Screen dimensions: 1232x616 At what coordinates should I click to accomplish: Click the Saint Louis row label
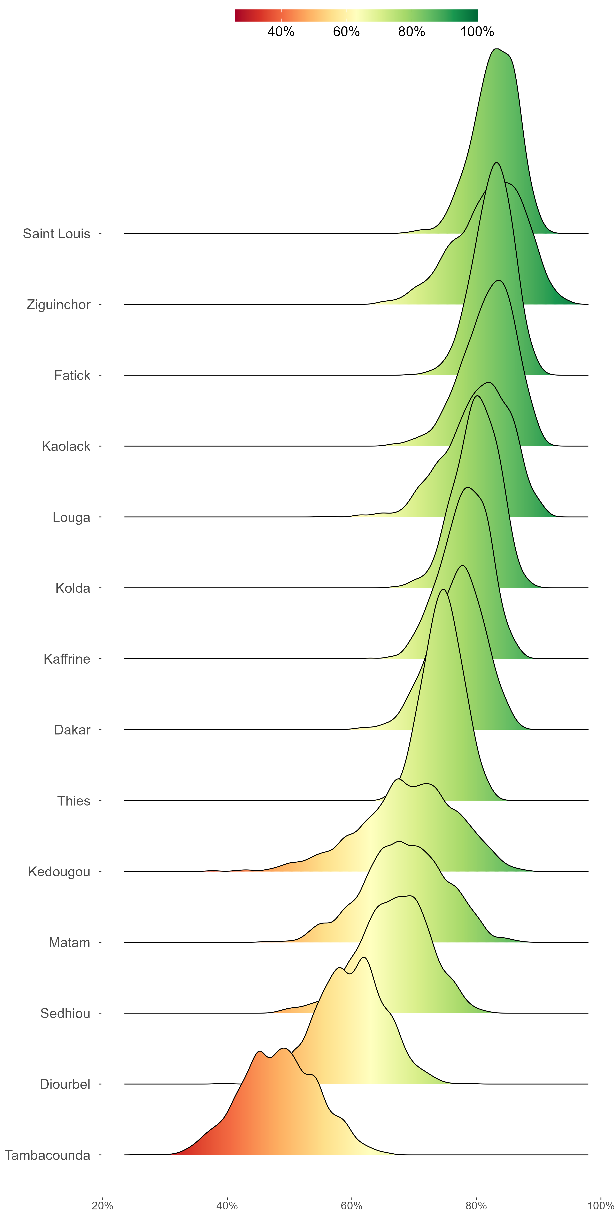[56, 234]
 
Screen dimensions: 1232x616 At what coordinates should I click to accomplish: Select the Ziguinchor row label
[58, 305]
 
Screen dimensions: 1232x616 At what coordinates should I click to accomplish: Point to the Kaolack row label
[66, 446]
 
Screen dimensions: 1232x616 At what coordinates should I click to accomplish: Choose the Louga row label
[71, 517]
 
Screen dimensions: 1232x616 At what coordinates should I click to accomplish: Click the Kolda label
[73, 588]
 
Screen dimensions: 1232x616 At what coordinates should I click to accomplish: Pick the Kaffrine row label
[67, 659]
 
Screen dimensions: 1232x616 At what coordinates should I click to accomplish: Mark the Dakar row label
[72, 730]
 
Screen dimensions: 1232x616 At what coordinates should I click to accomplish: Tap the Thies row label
[74, 801]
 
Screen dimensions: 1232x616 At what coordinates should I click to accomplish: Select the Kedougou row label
[59, 872]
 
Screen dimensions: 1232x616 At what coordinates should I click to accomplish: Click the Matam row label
[69, 943]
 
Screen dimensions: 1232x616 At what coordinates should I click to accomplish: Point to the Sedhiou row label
[65, 1014]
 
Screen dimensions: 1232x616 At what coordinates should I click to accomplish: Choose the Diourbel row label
[65, 1084]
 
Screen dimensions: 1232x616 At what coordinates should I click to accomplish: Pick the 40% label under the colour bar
[281, 32]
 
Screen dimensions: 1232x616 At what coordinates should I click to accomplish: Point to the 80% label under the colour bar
[411, 32]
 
